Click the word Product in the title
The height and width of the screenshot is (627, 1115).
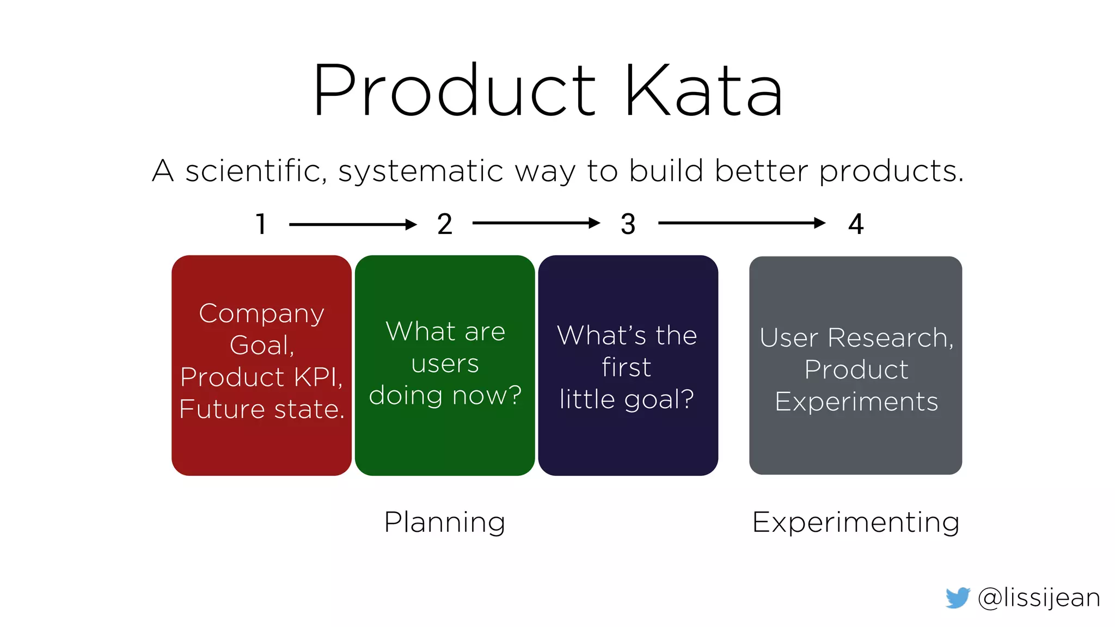pos(455,91)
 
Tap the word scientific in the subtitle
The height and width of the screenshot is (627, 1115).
pos(256,171)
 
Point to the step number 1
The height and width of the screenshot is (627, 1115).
pos(261,224)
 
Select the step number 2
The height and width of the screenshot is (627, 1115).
pos(445,224)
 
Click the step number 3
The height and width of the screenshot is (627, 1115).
pos(628,224)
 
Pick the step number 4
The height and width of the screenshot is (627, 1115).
pos(856,224)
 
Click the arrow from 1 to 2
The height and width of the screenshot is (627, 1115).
pos(353,224)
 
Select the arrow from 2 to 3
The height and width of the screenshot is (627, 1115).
pos(536,223)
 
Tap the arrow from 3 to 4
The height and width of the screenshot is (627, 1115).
pos(742,223)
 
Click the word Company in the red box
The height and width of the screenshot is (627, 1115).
pos(261,313)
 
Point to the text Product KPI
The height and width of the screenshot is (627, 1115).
pos(261,377)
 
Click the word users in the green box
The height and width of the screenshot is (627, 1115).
pos(445,364)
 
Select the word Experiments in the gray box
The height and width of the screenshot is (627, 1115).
pos(856,402)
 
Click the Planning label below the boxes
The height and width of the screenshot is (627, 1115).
pos(445,522)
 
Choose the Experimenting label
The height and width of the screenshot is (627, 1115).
pos(855,522)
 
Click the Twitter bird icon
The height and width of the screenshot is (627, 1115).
pos(958,598)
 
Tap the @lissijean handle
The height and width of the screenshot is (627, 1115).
pos(1039,598)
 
